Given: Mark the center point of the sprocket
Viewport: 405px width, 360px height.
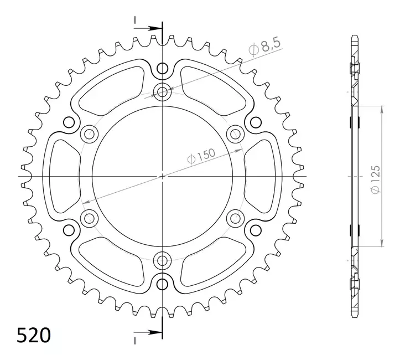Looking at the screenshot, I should (x=162, y=177).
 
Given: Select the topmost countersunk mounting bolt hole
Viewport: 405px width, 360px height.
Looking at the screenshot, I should (x=162, y=92).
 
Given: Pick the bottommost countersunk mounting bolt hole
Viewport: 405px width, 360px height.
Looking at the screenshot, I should (x=162, y=260).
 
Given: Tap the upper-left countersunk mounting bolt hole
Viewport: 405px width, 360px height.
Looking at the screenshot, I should (x=89, y=133).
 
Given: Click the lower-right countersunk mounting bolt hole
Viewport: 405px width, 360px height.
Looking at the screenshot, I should (x=235, y=218).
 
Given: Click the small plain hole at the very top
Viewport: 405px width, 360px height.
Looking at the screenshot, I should (x=162, y=68).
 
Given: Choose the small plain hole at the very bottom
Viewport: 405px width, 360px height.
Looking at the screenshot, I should (x=162, y=284).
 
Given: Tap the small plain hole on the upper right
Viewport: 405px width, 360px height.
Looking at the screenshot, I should (x=255, y=122).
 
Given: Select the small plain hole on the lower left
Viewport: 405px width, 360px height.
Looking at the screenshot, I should (x=69, y=230).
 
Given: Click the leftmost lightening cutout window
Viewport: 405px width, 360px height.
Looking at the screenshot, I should (x=62, y=176).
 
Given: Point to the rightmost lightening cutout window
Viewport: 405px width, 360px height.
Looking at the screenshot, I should (x=262, y=176).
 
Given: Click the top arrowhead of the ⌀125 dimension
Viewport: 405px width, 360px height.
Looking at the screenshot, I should (x=381, y=109).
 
